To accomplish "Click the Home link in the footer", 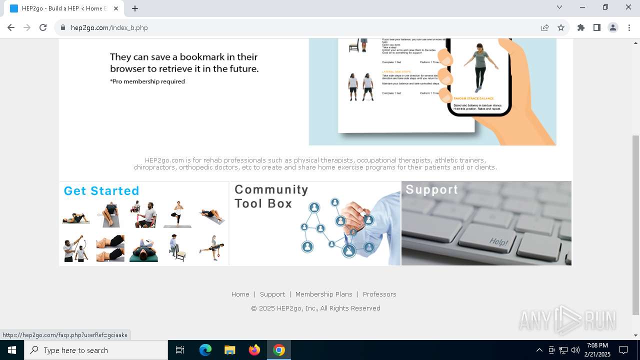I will click(x=240, y=294).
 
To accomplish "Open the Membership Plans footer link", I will click(x=323, y=294).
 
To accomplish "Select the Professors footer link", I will click(x=379, y=294).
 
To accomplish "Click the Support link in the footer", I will click(x=272, y=294).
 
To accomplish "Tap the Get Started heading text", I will click(x=101, y=191).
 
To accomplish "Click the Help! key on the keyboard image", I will click(x=498, y=241).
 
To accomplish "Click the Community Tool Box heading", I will click(x=271, y=196).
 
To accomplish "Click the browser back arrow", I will click(x=11, y=27).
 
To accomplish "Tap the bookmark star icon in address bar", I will click(x=561, y=27).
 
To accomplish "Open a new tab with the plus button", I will click(x=135, y=8).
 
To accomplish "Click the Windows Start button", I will click(x=12, y=350).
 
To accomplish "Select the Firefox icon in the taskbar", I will click(x=254, y=350).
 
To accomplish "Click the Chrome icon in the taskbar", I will click(x=279, y=350).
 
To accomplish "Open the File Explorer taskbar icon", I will click(x=230, y=350).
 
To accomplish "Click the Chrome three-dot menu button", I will click(x=629, y=27).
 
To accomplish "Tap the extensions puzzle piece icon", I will click(x=581, y=27).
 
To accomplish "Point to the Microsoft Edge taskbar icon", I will click(x=205, y=350).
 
